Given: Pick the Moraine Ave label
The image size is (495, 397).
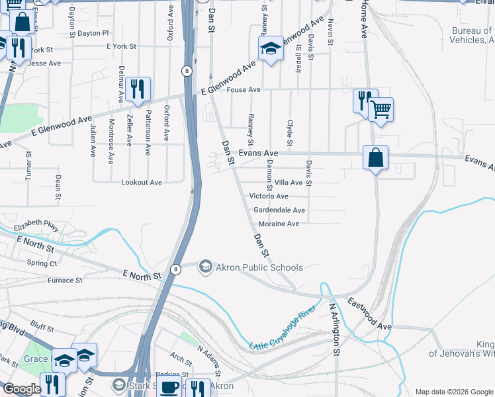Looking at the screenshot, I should click(x=279, y=224).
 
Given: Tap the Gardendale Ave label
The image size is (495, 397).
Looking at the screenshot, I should click(x=279, y=210).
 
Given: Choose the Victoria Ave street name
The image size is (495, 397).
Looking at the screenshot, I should click(x=269, y=197).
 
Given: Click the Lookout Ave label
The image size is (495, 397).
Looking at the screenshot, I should click(x=142, y=183).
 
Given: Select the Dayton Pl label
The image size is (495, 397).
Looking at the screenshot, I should click(x=93, y=33).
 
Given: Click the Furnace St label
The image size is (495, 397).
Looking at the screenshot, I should click(x=65, y=281).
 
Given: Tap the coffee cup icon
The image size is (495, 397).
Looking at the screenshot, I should click(x=170, y=387).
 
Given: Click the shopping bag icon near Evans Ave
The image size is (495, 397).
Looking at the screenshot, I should click(x=375, y=158).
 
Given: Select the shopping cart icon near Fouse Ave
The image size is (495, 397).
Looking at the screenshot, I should click(x=381, y=109).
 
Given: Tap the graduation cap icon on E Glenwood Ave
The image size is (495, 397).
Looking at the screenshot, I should click(x=270, y=48).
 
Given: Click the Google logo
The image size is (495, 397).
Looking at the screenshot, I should click(x=22, y=389).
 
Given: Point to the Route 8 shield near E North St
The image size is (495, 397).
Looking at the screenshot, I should click(x=175, y=269).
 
